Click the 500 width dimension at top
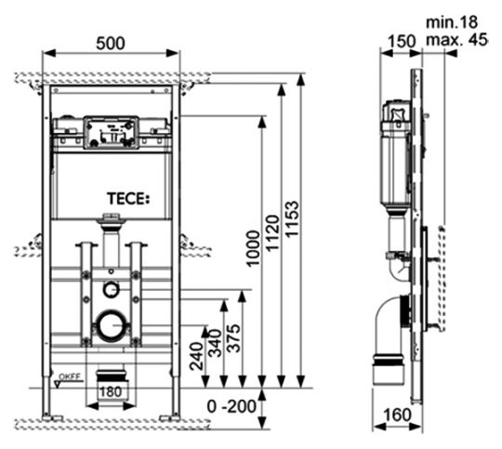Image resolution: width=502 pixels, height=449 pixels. [111, 44]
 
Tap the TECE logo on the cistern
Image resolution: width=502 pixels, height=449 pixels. [128, 199]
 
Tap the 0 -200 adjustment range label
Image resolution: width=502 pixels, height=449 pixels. [227, 405]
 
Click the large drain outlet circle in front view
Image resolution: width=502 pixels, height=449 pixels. [112, 325]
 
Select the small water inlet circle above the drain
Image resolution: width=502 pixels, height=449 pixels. [112, 288]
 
